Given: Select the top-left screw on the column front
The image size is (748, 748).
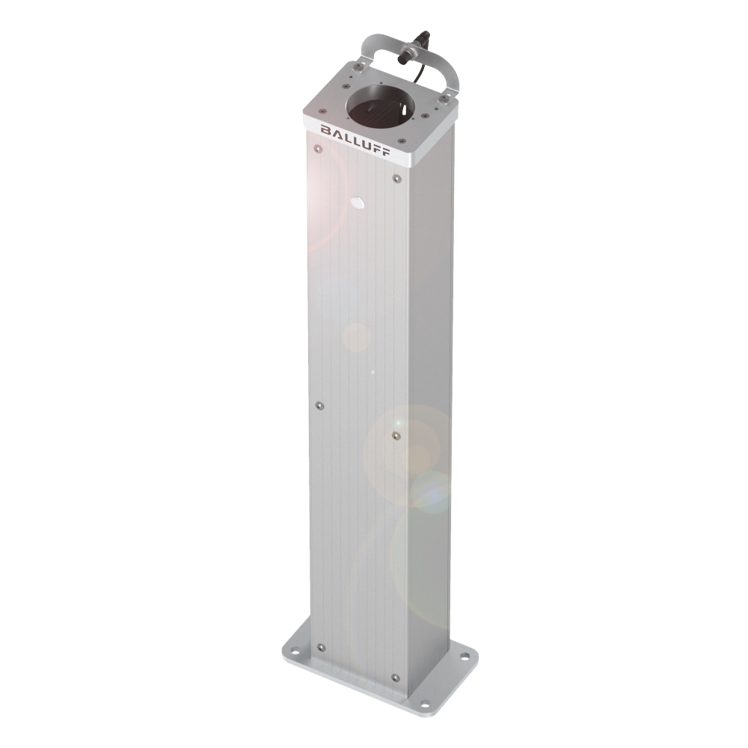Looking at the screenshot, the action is click(316, 149).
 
